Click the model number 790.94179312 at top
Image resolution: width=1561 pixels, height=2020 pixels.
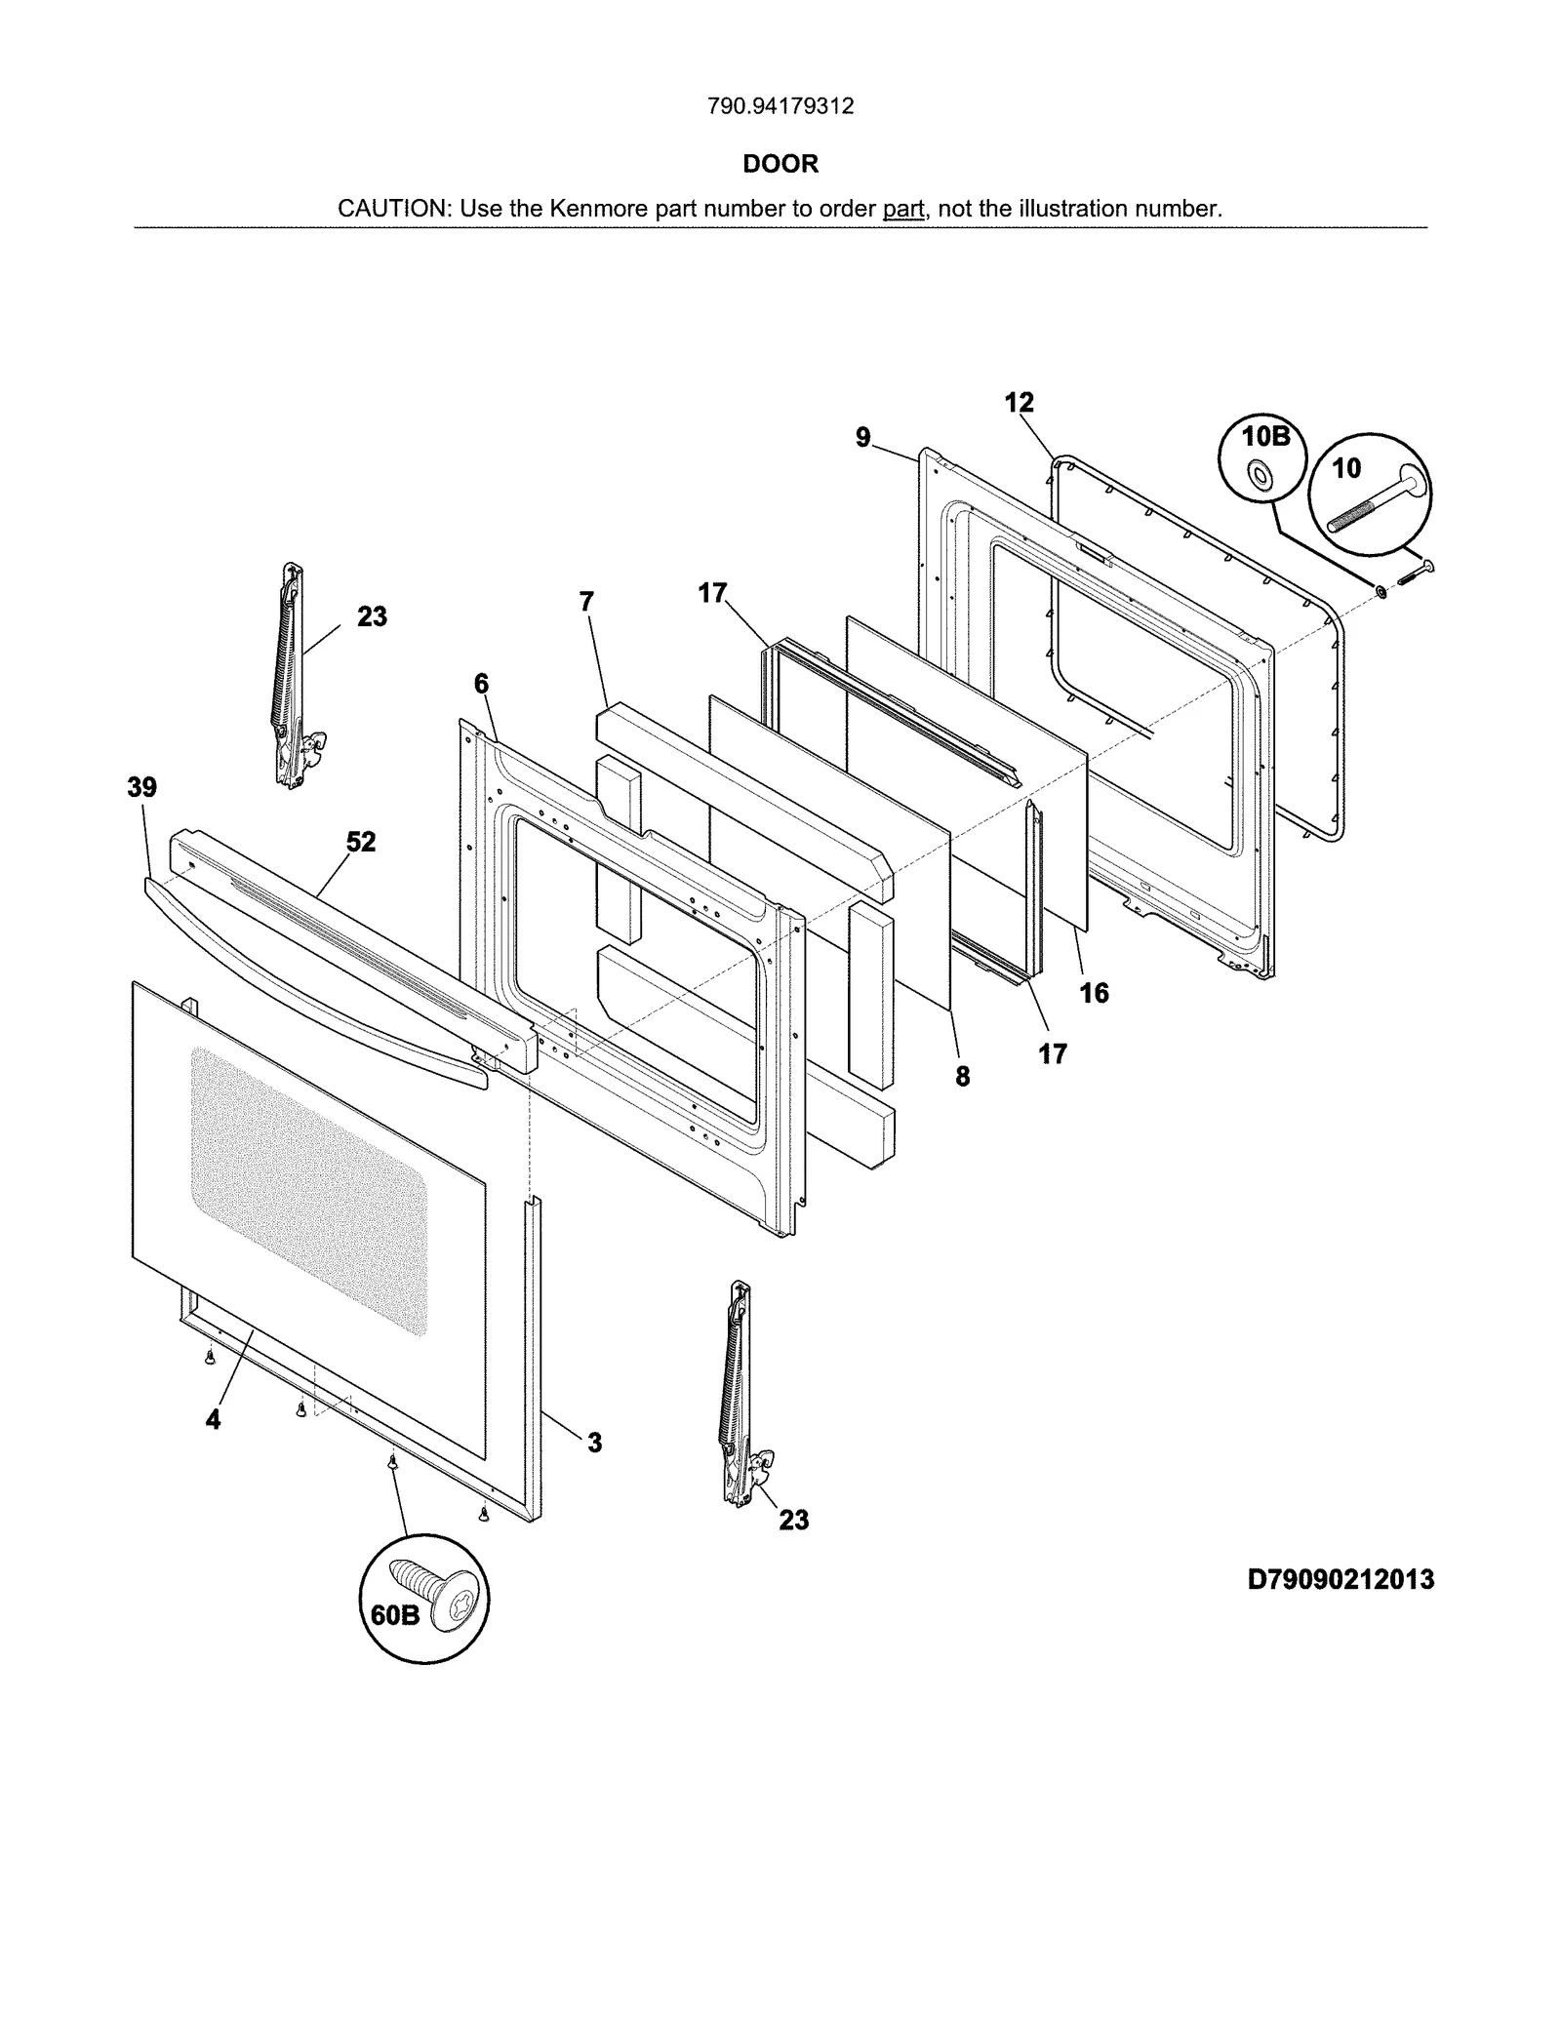780,106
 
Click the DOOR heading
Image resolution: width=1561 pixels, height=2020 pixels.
780,164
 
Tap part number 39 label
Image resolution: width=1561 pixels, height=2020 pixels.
142,787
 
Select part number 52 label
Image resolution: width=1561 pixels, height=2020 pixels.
361,842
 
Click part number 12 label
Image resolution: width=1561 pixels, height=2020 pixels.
1019,403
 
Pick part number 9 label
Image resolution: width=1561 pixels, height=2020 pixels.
863,438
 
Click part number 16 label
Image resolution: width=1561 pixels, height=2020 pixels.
1094,993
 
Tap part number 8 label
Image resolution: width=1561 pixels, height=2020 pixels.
963,1076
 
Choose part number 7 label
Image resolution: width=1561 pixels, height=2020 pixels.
586,602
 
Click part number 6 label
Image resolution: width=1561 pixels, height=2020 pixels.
481,684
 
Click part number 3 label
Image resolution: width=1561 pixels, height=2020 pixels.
594,1442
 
